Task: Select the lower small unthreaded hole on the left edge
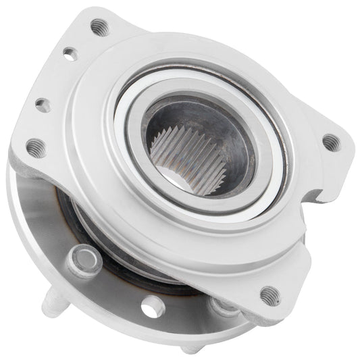click(42, 104)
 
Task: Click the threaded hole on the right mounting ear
click(330, 143)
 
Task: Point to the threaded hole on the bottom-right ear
click(269, 294)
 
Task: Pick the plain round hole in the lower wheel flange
click(154, 307)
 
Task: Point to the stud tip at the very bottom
click(190, 349)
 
